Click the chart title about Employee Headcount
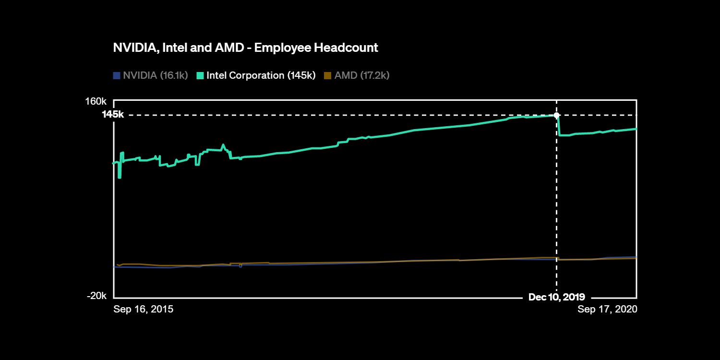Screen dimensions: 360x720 pyautogui.click(x=245, y=48)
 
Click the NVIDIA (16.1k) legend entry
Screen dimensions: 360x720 pyautogui.click(x=155, y=75)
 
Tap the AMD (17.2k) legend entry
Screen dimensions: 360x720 pyautogui.click(x=361, y=75)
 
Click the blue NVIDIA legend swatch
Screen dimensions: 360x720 pyautogui.click(x=117, y=75)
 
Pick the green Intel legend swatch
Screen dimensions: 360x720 pyautogui.click(x=200, y=75)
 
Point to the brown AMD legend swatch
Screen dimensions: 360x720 pyautogui.click(x=328, y=75)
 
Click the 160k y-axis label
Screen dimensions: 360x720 pyautogui.click(x=96, y=101)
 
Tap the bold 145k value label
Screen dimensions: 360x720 pyautogui.click(x=113, y=115)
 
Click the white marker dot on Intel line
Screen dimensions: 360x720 pyautogui.click(x=556, y=115)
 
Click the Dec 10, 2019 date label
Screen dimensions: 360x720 pyautogui.click(x=556, y=297)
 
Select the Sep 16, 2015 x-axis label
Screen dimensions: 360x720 pyautogui.click(x=143, y=309)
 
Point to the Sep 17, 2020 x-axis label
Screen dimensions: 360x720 pyautogui.click(x=607, y=309)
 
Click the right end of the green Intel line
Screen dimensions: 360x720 pyautogui.click(x=636, y=129)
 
